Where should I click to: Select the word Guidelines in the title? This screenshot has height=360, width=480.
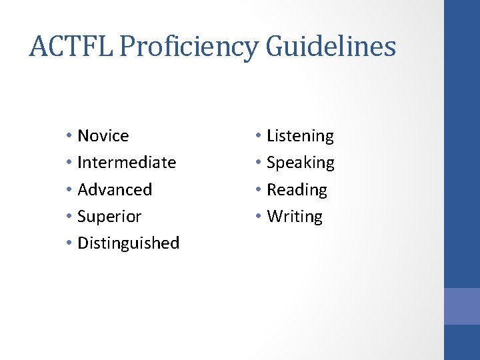tap(331, 47)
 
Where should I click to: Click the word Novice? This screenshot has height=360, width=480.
tap(103, 136)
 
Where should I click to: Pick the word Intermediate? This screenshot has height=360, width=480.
tap(127, 163)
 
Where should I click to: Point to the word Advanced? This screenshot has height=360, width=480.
tap(115, 189)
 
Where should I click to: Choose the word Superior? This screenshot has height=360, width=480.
tap(109, 217)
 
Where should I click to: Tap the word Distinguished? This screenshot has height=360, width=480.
tap(129, 243)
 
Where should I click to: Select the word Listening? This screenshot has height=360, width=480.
tap(300, 137)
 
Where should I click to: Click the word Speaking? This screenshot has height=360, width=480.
tap(301, 163)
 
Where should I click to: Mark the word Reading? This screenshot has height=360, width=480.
tap(297, 190)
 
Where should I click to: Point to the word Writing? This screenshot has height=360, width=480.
tap(294, 217)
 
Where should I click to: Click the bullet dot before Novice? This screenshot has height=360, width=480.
tap(69, 137)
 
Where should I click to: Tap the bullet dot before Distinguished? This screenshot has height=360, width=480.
tap(69, 244)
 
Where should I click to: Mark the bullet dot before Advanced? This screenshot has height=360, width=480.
tap(69, 191)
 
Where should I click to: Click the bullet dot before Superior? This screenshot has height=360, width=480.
tap(69, 217)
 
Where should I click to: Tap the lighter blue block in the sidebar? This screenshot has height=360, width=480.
tap(462, 306)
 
